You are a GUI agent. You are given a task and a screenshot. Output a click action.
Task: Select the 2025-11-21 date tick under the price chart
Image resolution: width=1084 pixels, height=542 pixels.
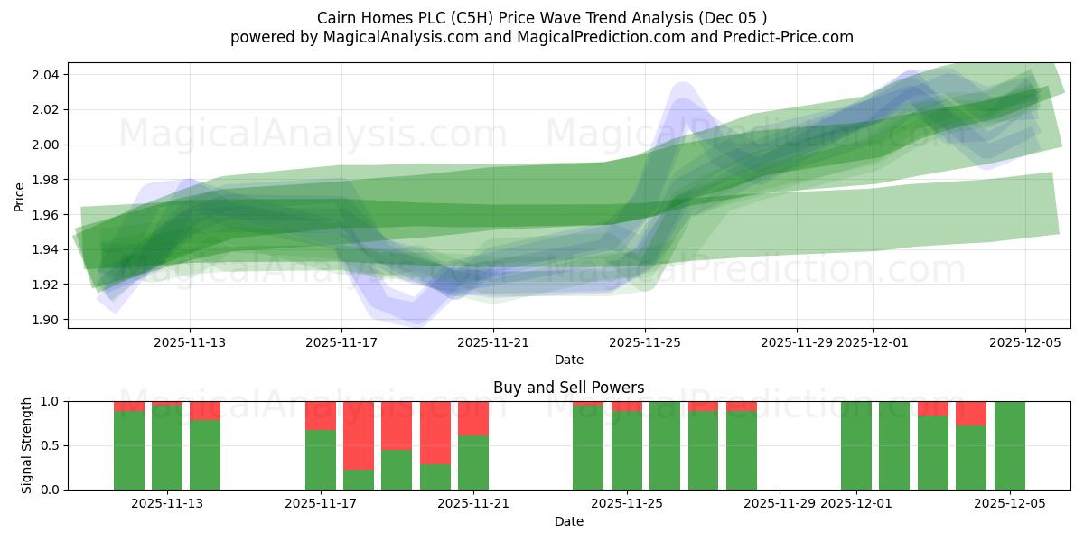492,342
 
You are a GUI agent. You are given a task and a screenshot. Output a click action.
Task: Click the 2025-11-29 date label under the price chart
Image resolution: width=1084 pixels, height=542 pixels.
796,342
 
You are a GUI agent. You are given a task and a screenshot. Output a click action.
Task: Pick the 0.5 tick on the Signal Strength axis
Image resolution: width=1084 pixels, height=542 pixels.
51,445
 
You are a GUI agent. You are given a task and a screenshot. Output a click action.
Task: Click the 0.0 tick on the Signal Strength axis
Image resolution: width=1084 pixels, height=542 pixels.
51,490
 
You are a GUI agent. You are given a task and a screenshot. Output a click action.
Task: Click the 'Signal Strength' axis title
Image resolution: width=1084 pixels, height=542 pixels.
27,445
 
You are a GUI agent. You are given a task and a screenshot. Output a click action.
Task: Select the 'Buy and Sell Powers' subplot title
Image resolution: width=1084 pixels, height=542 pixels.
568,388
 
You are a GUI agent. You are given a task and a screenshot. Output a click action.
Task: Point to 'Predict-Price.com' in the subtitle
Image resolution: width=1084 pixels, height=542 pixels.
791,37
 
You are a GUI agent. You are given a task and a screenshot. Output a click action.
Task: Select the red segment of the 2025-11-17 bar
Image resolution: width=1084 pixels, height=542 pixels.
321,416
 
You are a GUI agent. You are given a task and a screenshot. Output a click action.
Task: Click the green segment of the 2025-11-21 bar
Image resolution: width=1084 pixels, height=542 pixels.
473,463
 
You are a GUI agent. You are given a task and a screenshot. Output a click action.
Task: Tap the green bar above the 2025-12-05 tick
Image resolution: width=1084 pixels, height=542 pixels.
1009,445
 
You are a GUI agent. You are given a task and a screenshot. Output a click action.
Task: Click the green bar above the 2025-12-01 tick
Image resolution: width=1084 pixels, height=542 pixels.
855,445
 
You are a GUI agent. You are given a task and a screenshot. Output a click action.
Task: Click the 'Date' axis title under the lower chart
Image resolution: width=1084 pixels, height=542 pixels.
568,521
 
